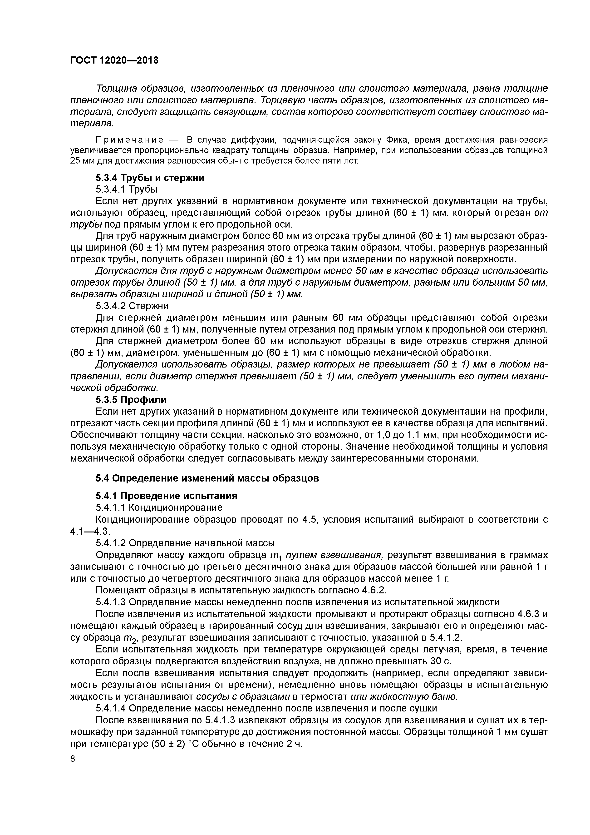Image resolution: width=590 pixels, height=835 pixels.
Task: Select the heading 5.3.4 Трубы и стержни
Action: tap(150, 178)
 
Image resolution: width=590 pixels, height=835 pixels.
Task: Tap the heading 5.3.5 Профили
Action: tap(131, 400)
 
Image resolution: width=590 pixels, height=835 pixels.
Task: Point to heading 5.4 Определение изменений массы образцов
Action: tap(207, 478)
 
